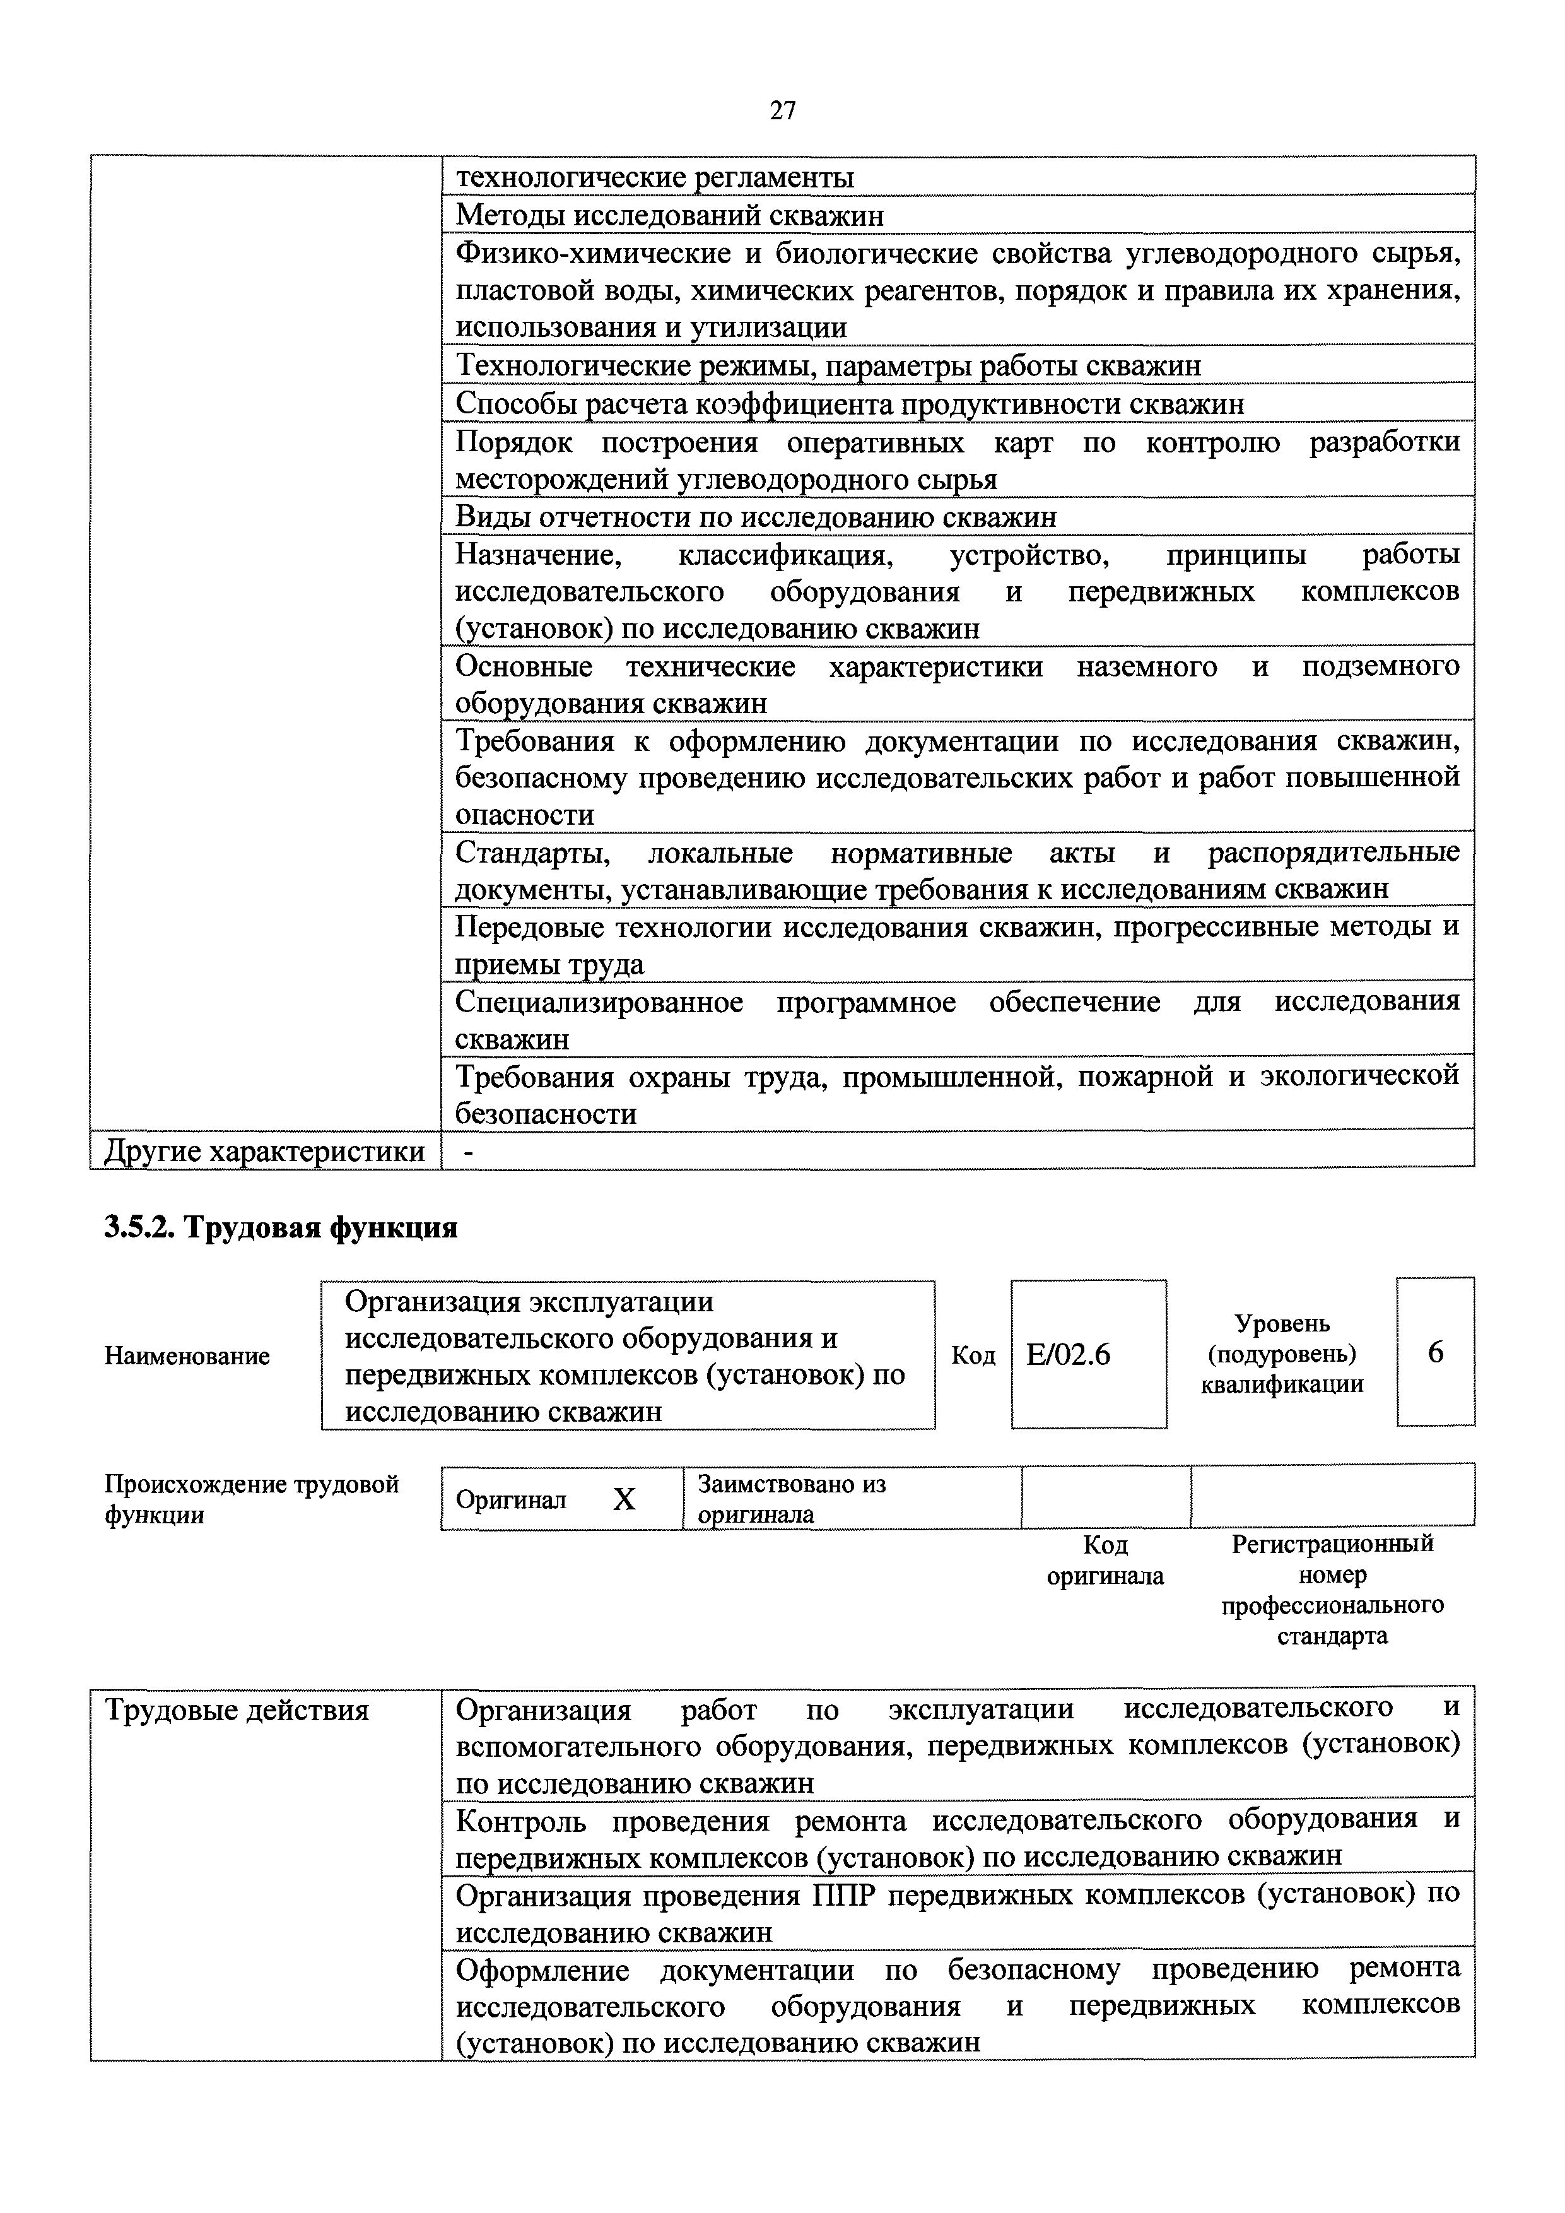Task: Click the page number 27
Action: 782,111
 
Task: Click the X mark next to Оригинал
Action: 624,1499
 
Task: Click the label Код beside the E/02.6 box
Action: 973,1355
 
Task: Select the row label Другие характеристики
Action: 264,1151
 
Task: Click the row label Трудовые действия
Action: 236,1711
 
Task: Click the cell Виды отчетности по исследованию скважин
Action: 756,517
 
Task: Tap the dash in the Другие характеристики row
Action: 468,1151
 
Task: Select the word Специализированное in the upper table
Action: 599,1003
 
